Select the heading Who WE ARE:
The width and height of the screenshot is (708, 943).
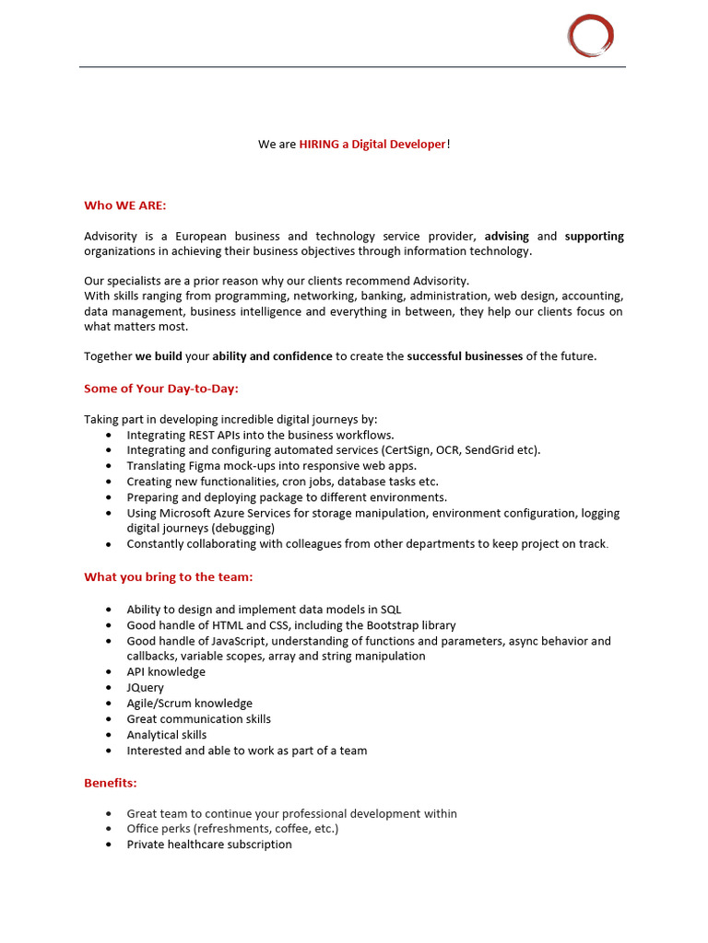pyautogui.click(x=125, y=205)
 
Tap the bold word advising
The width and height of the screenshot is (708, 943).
pyautogui.click(x=507, y=237)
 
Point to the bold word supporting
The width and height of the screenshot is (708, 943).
pyautogui.click(x=594, y=237)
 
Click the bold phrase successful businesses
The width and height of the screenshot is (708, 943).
pyautogui.click(x=465, y=356)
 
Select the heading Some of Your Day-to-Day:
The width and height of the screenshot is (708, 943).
pyautogui.click(x=161, y=389)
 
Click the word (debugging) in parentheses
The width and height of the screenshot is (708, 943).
pyautogui.click(x=243, y=529)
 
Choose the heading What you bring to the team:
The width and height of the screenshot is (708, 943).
pyautogui.click(x=169, y=577)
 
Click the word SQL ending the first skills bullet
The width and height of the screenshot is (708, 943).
pyautogui.click(x=391, y=610)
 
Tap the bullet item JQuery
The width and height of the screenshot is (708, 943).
pyautogui.click(x=146, y=688)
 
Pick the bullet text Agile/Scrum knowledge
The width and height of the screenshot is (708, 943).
pyautogui.click(x=190, y=704)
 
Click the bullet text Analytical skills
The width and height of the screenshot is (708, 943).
pyautogui.click(x=167, y=735)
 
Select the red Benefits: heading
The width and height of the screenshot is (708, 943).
pyautogui.click(x=111, y=783)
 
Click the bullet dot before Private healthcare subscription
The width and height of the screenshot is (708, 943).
pyautogui.click(x=110, y=845)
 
